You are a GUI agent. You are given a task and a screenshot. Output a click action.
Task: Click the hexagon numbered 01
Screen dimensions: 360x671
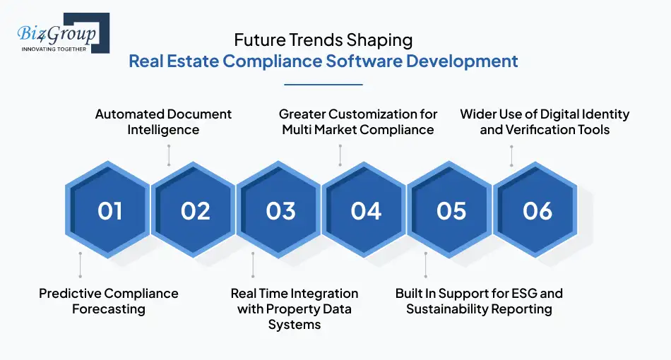coord(109,211)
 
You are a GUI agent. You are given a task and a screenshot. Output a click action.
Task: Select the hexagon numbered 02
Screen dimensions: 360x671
coord(195,211)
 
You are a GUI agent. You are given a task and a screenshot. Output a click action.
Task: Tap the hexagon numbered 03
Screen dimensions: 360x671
coord(280,211)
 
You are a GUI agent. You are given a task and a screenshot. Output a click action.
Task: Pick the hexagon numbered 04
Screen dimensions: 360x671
coord(366,211)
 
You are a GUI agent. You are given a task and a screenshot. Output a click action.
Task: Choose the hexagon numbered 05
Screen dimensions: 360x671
coord(451,211)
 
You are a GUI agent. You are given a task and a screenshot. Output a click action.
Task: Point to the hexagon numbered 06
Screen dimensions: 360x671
coord(537,211)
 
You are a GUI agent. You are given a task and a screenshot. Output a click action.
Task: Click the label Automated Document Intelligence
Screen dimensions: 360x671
coord(163,121)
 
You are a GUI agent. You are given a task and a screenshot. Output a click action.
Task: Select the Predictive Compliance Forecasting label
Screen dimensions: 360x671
coord(108,301)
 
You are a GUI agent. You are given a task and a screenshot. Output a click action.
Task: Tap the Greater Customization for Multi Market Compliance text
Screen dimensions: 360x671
coord(358,121)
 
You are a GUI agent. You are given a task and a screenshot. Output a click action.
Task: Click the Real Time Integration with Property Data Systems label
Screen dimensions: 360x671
coord(295,308)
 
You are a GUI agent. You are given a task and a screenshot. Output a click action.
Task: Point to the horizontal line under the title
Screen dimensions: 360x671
coord(323,85)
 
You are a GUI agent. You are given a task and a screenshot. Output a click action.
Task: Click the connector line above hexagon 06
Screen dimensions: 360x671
coord(511,155)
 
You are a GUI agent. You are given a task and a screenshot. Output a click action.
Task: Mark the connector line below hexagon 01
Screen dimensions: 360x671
coord(81,265)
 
